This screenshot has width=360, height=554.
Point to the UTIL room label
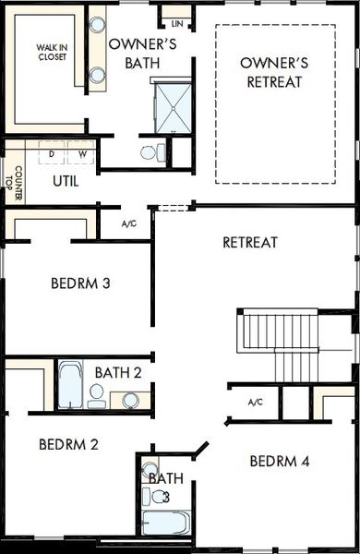click(66, 181)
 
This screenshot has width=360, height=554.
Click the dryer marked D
click(53, 153)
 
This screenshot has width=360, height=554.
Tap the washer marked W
click(81, 153)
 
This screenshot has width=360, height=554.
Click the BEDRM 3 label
click(80, 283)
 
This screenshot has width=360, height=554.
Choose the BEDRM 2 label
click(69, 444)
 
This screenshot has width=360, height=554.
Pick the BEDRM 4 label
click(279, 461)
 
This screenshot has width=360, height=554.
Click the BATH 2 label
click(118, 372)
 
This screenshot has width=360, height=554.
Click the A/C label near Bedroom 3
click(129, 223)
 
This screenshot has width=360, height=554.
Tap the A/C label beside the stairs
click(256, 402)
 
